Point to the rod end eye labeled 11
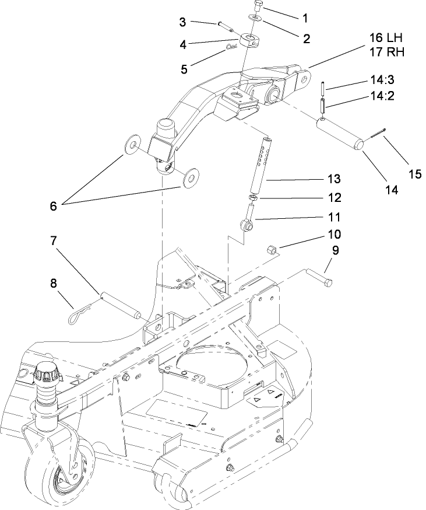247,223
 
